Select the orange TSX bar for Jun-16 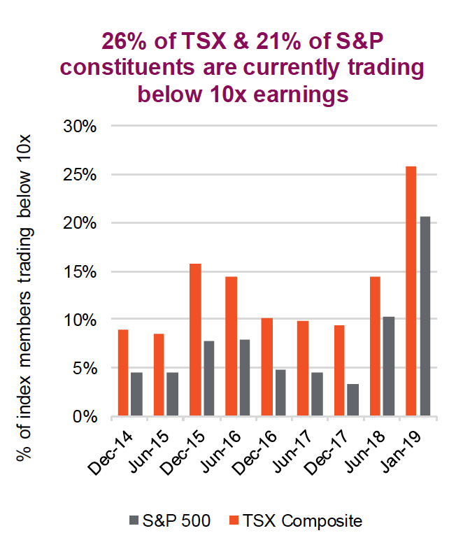click(x=231, y=347)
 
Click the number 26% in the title click(x=125, y=43)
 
